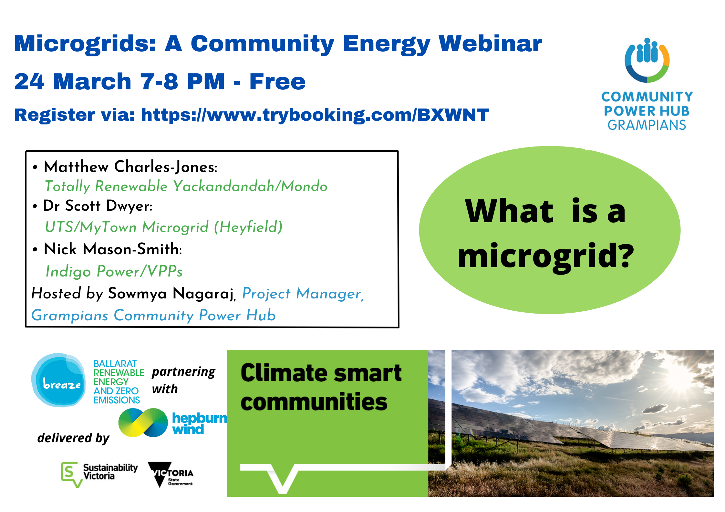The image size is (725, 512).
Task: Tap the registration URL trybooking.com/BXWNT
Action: point(315,115)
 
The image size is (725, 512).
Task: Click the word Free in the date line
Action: point(277,82)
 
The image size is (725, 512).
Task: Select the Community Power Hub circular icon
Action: point(647,60)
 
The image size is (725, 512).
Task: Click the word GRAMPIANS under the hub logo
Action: point(647,125)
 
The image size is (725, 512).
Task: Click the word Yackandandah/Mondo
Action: point(250,186)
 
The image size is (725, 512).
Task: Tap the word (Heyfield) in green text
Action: point(248,227)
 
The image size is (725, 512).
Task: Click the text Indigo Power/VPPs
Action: point(114,271)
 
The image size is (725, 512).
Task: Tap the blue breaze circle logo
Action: point(58,380)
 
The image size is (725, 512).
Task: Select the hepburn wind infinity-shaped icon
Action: point(143,423)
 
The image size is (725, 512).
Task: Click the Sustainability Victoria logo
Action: point(99,474)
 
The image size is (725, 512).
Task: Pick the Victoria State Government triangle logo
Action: point(170,474)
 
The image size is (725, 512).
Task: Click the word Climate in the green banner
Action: point(285,373)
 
